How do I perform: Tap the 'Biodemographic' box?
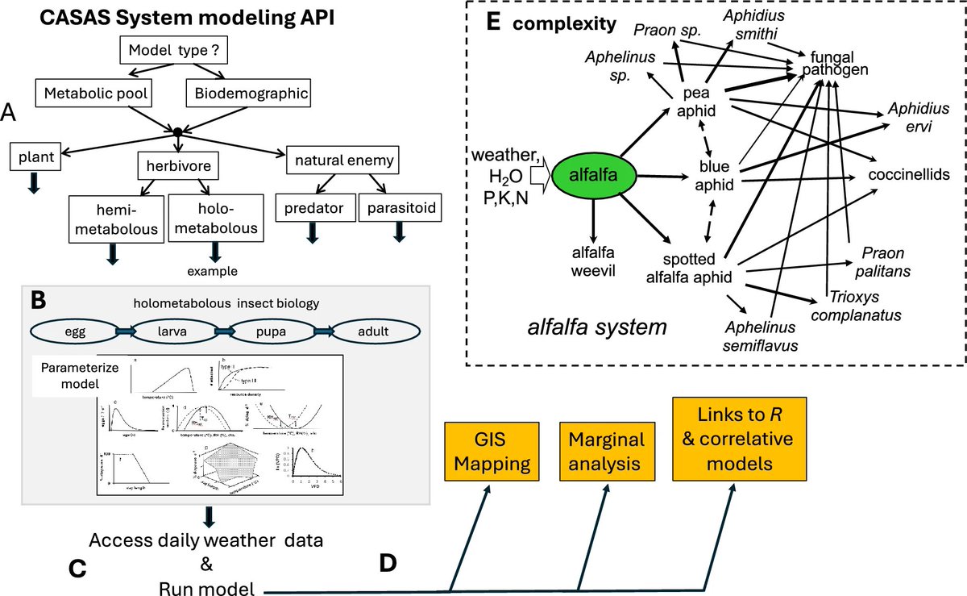click(x=250, y=94)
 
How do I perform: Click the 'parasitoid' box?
click(x=398, y=209)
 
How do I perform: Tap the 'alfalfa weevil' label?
click(x=592, y=259)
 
